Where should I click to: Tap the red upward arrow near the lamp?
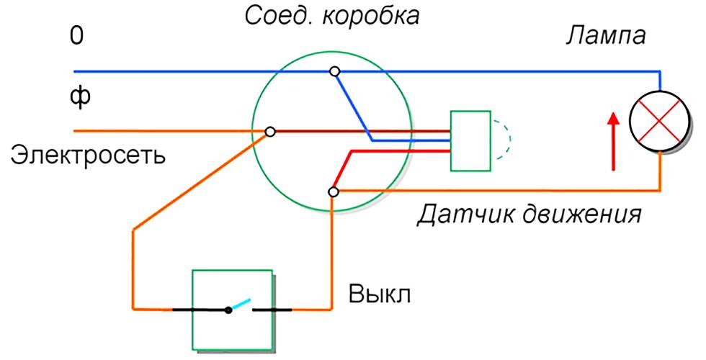coord(613,140)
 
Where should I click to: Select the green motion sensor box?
coord(470,141)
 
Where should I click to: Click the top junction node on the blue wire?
coord(334,71)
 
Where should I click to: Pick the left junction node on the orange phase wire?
coord(270,132)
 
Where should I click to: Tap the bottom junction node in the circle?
coord(333,192)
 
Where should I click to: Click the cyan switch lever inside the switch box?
coord(241,304)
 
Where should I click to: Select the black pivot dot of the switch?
coord(228,310)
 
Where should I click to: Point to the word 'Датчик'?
coord(455,215)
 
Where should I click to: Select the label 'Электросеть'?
coord(87,155)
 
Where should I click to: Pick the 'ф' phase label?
coord(79,97)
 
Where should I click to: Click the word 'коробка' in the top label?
coord(370,15)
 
